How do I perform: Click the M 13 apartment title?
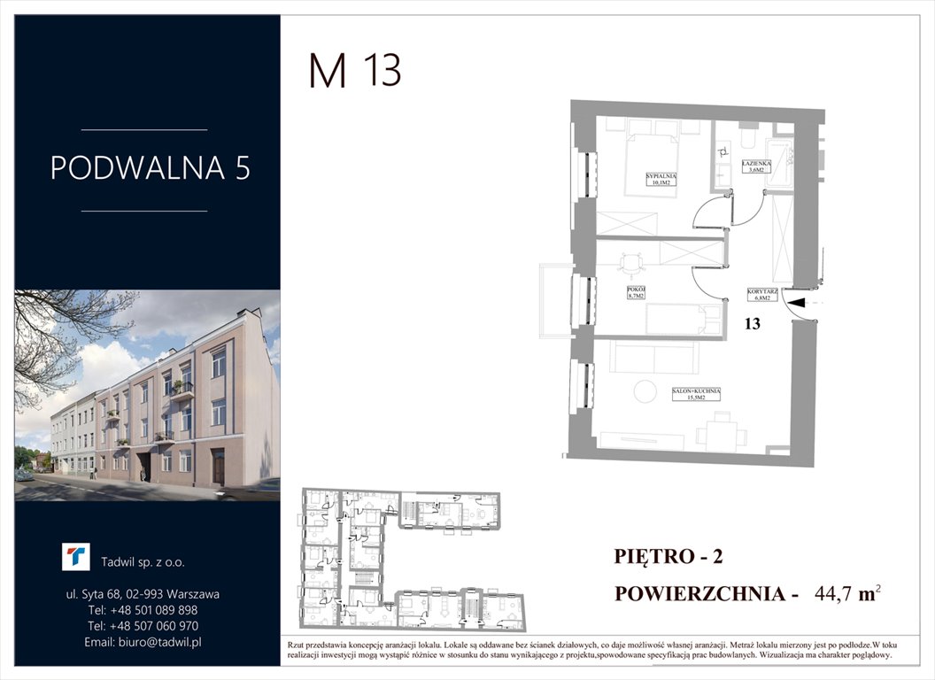355,70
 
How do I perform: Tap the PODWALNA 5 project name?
150,168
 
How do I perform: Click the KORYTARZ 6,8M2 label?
761,295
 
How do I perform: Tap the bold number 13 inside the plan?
752,324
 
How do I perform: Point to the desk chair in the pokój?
630,262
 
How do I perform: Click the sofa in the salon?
654,357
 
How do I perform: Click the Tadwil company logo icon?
76,557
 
